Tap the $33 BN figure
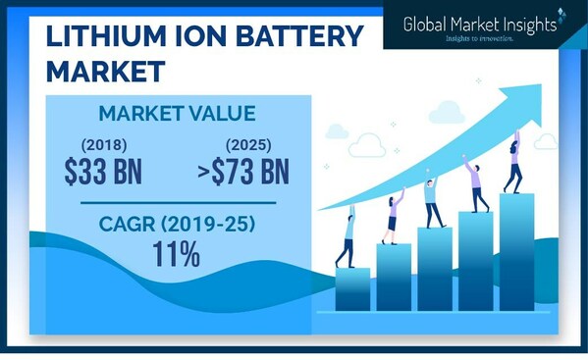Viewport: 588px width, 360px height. (x=103, y=173)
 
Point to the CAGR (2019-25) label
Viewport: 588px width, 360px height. (x=177, y=225)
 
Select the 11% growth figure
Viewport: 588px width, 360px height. (x=177, y=254)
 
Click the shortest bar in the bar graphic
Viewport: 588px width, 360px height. (x=352, y=288)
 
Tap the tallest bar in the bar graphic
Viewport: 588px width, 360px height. (x=516, y=251)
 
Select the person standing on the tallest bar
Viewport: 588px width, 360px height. (x=513, y=163)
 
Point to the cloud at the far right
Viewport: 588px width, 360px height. (x=546, y=142)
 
